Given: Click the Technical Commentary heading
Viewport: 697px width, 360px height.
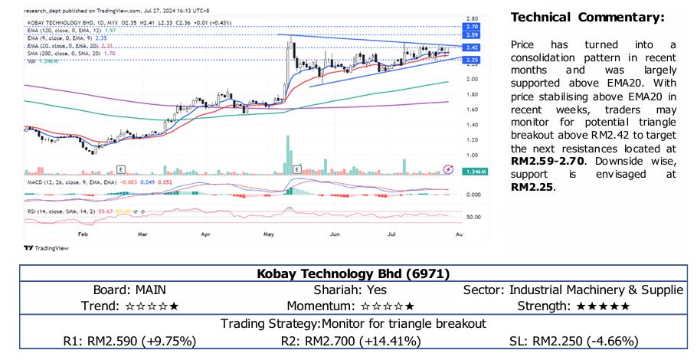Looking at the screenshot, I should pyautogui.click(x=587, y=18).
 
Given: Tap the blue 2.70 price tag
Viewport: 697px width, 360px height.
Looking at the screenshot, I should pyautogui.click(x=472, y=27).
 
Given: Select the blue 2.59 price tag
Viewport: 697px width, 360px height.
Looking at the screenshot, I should pyautogui.click(x=472, y=35).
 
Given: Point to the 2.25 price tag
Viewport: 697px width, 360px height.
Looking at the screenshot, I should pyautogui.click(x=472, y=60).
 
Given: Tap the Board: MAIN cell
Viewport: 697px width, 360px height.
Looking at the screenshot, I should pyautogui.click(x=129, y=290).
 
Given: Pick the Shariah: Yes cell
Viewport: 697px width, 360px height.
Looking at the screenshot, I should pyautogui.click(x=348, y=290).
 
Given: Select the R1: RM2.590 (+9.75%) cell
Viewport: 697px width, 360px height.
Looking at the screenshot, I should pyautogui.click(x=129, y=340).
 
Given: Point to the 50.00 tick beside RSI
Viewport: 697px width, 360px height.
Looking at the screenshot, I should pyautogui.click(x=473, y=217).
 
